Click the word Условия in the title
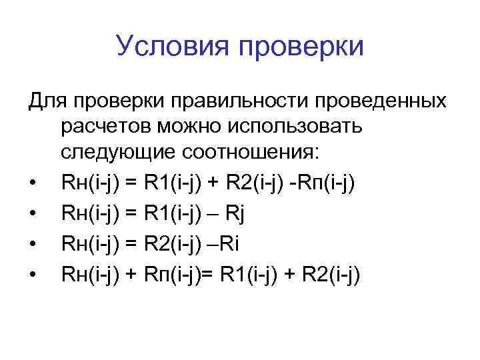pyautogui.click(x=170, y=47)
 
